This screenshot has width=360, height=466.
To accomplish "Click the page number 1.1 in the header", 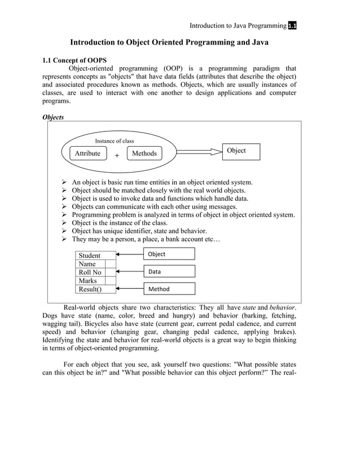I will click(x=292, y=25).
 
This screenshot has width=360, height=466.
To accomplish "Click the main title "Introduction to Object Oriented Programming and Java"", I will click(x=169, y=42).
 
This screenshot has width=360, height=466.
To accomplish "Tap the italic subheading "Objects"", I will click(x=53, y=117).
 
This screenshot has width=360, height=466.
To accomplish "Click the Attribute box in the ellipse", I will click(x=87, y=153).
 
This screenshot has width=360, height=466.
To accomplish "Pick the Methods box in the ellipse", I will click(x=144, y=153).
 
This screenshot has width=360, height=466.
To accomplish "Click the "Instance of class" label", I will click(x=115, y=140).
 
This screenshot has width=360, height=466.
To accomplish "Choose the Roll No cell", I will click(x=90, y=272).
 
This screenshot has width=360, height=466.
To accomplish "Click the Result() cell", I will click(x=90, y=289).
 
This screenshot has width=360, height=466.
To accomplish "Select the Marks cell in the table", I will click(x=90, y=280).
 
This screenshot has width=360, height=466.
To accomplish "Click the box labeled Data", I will click(x=169, y=271).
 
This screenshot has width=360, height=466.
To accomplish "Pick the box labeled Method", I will click(x=169, y=289).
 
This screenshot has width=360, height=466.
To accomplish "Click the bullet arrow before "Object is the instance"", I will click(x=65, y=223).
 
